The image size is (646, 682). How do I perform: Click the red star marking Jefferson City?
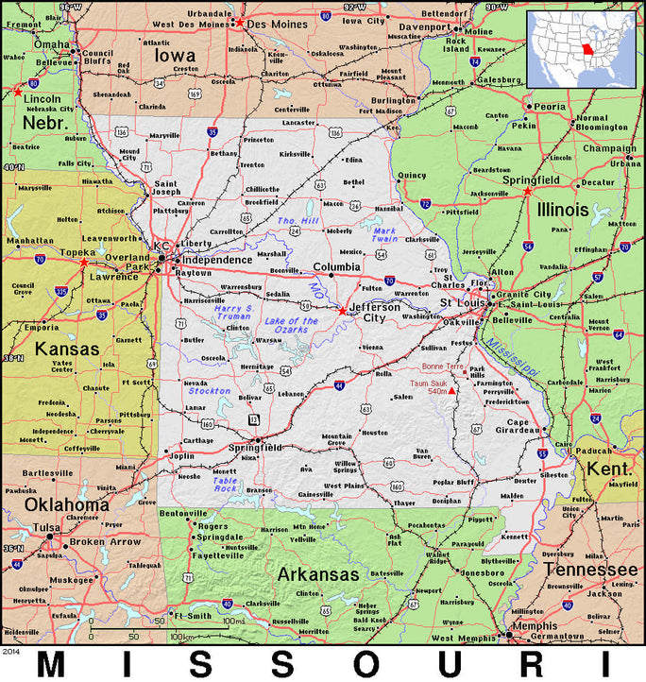coord(341,310)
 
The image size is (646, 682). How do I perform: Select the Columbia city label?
coord(337,266)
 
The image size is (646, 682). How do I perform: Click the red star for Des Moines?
coord(239,22)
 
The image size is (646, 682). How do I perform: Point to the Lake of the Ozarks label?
coord(292,327)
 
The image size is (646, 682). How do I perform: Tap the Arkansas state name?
coord(317,574)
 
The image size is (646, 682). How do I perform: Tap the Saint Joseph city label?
coord(166,188)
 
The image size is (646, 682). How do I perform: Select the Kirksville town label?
coord(295,153)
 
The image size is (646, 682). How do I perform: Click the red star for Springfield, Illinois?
coord(527,192)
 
